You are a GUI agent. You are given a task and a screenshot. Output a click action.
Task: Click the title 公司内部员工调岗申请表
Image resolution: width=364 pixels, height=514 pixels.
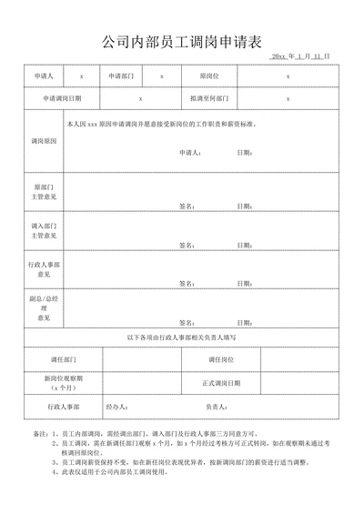[x=182, y=41]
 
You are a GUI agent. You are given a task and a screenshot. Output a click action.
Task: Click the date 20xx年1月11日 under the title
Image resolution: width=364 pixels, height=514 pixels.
[x=300, y=56]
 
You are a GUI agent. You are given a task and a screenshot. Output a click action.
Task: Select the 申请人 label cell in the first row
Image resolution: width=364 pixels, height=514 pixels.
[x=44, y=76]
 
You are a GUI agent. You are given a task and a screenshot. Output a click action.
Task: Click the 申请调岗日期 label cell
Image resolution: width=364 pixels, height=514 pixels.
[x=62, y=97]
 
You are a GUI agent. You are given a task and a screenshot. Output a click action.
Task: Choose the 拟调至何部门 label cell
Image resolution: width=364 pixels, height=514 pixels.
[x=208, y=97]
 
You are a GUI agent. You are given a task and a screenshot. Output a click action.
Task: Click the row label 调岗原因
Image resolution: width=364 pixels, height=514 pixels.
[x=44, y=142]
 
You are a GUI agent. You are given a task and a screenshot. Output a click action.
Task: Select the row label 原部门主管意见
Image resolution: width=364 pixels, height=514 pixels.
[x=44, y=191]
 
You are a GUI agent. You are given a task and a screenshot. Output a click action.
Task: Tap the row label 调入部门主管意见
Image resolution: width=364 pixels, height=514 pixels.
[x=44, y=230]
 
